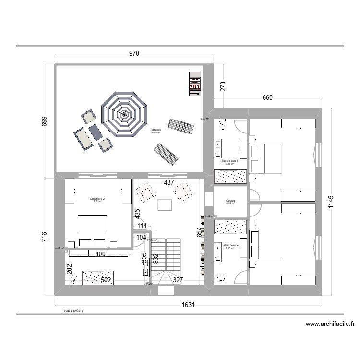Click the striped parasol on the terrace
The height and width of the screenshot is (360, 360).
pyautogui.click(x=125, y=114)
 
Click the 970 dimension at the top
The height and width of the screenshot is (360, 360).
pyautogui.click(x=133, y=54)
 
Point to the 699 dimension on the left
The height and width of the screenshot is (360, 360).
pyautogui.click(x=45, y=121)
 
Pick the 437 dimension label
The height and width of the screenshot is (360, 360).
pyautogui.click(x=169, y=183)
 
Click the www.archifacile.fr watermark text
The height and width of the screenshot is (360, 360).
pyautogui.click(x=329, y=324)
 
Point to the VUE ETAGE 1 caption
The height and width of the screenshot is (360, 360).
pyautogui.click(x=73, y=311)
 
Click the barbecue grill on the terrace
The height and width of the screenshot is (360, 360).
pyautogui.click(x=194, y=84)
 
